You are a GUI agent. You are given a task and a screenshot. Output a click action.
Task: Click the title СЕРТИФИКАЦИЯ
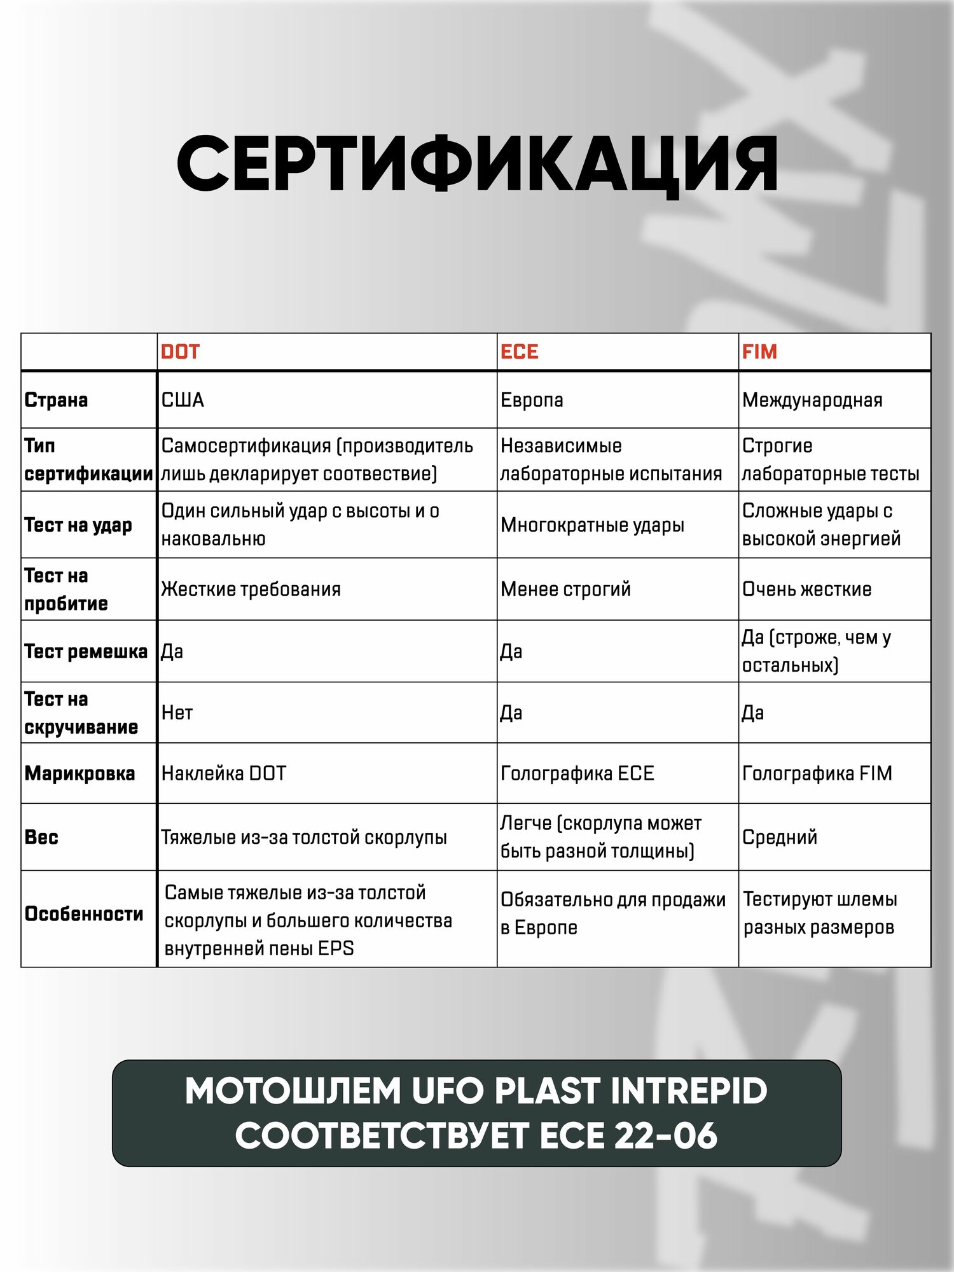tap(477, 164)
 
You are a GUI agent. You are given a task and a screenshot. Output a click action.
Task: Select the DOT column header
tap(180, 352)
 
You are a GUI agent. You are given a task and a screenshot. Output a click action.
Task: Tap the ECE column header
tap(519, 352)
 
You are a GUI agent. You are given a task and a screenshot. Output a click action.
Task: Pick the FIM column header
tap(759, 352)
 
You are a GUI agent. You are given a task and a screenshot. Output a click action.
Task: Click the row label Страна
tap(56, 400)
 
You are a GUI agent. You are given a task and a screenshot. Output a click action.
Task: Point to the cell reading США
tap(183, 400)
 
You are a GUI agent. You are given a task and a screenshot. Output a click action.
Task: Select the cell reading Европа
tap(532, 400)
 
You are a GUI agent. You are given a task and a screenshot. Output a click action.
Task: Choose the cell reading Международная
tap(812, 400)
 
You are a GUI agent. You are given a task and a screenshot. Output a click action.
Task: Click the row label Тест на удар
tap(78, 525)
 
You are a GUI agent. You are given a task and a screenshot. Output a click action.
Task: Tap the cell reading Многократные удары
tap(592, 525)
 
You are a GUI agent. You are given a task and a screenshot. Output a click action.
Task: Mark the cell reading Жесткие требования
tap(251, 590)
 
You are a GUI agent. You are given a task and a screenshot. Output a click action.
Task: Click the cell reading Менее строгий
tap(565, 590)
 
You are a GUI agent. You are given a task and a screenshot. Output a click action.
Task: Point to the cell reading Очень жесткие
tap(806, 590)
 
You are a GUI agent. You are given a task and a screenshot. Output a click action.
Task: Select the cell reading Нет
tap(177, 713)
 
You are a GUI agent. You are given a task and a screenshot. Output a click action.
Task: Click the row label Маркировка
tap(79, 773)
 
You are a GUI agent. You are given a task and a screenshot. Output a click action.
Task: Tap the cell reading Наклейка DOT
tap(224, 773)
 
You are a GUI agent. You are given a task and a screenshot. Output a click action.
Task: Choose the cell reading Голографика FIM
tap(817, 773)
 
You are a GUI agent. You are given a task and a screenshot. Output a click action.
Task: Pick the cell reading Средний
tap(780, 837)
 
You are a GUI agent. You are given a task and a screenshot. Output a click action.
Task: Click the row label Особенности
tap(84, 914)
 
